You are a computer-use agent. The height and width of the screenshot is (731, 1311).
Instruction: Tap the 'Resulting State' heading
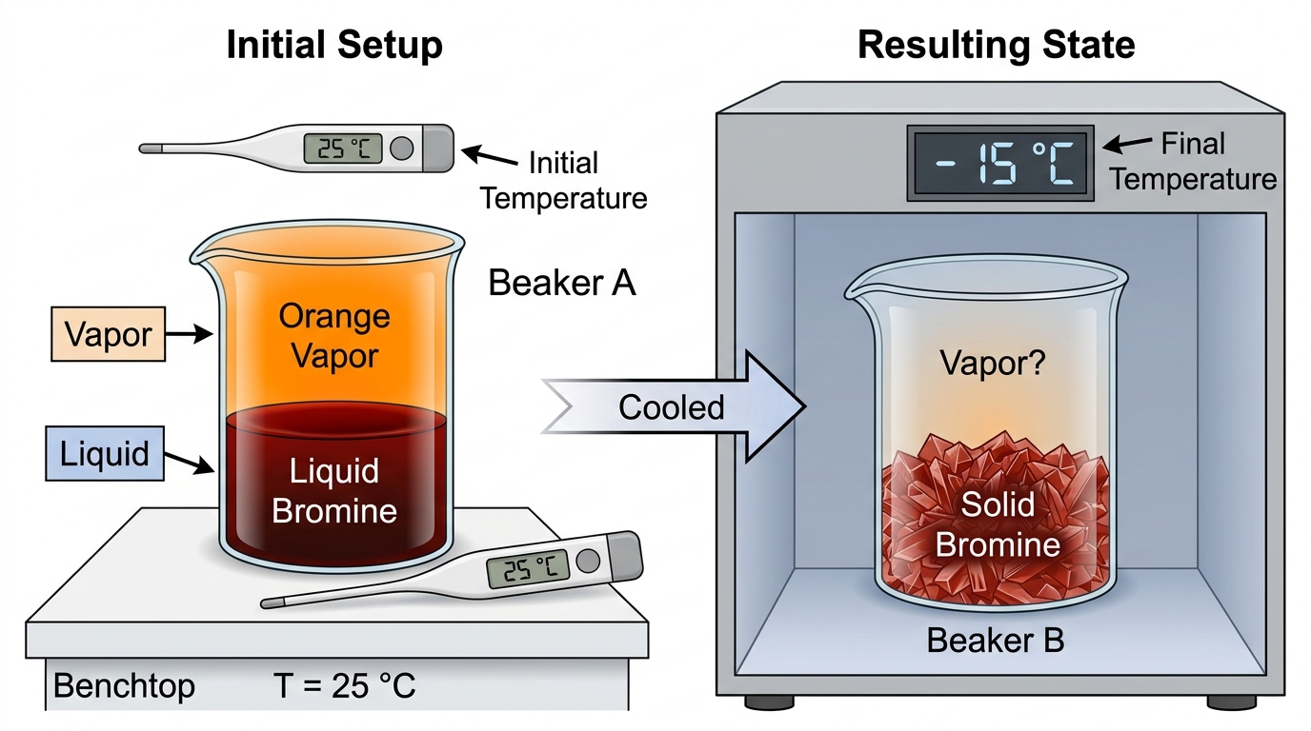[x=997, y=45]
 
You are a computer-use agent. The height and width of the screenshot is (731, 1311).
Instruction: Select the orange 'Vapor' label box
[x=109, y=334]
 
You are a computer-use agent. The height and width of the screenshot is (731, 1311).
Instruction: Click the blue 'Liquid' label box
[x=105, y=453]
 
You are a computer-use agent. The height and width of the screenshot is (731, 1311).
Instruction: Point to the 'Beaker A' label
[x=562, y=283]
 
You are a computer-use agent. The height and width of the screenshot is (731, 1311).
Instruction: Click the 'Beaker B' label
[x=996, y=640]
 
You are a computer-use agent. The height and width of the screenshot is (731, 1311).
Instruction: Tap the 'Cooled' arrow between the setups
[x=673, y=407]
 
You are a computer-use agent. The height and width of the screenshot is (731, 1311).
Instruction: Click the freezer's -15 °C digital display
[x=1000, y=163]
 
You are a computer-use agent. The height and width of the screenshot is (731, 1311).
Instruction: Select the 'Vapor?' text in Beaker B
[x=993, y=363]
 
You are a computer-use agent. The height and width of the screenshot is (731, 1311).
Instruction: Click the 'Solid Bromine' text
[x=998, y=524]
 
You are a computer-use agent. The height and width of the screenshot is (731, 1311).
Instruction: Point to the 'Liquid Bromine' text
[x=334, y=490]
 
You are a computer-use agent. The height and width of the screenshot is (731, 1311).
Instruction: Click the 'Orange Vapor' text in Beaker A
[x=334, y=336]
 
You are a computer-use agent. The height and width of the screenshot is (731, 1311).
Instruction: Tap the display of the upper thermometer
[x=343, y=148]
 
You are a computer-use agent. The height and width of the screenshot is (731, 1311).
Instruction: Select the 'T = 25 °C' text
[x=345, y=685]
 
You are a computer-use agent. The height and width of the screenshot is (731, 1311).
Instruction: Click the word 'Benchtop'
[x=124, y=685]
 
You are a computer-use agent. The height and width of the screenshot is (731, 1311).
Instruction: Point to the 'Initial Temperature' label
[x=564, y=180]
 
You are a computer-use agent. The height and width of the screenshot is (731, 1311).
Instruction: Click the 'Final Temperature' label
[x=1194, y=161]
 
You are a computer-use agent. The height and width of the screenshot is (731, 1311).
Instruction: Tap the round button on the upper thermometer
[x=401, y=148]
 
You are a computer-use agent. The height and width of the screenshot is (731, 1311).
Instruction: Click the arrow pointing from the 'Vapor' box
[x=189, y=334]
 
